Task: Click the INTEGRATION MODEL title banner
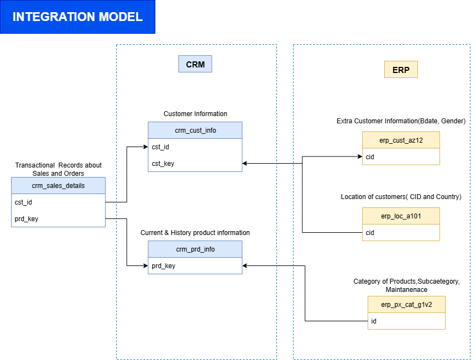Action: click(77, 17)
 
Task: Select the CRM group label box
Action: click(195, 64)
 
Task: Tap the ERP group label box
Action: click(401, 70)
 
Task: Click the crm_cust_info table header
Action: click(195, 131)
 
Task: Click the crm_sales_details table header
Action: click(58, 186)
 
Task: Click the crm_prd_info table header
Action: click(195, 249)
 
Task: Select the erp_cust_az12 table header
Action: click(401, 140)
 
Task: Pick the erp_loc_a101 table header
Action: click(401, 216)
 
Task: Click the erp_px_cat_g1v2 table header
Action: click(406, 305)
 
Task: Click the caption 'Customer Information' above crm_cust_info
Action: click(195, 114)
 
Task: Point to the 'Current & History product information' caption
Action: click(195, 233)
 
